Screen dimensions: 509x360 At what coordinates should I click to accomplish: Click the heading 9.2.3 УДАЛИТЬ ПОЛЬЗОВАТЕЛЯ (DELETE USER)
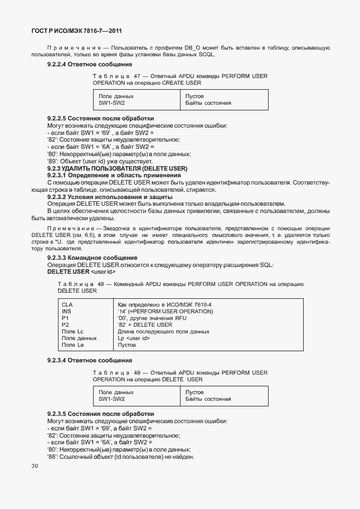pyautogui.click(x=117, y=168)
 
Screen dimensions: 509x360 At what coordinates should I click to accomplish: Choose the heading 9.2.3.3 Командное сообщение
pyautogui.click(x=92, y=258)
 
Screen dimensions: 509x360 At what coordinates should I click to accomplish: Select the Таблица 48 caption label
pyautogui.click(x=81, y=284)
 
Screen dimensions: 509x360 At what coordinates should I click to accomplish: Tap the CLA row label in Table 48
pyautogui.click(x=67, y=304)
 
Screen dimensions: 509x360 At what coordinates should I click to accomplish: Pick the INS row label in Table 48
pyautogui.click(x=67, y=311)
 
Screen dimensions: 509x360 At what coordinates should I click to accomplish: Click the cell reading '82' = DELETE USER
pyautogui.click(x=145, y=324)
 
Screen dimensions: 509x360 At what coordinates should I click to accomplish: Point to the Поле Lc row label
pyautogui.click(x=72, y=331)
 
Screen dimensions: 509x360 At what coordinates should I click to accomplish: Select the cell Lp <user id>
pyautogui.click(x=134, y=338)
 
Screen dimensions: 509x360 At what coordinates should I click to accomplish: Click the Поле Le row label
pyautogui.click(x=72, y=345)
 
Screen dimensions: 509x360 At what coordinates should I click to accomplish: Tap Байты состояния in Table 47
pyautogui.click(x=208, y=103)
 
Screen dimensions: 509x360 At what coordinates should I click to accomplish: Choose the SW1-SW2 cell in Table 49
pyautogui.click(x=111, y=399)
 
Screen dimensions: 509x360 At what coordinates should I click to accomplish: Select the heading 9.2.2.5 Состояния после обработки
pyautogui.click(x=100, y=119)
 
